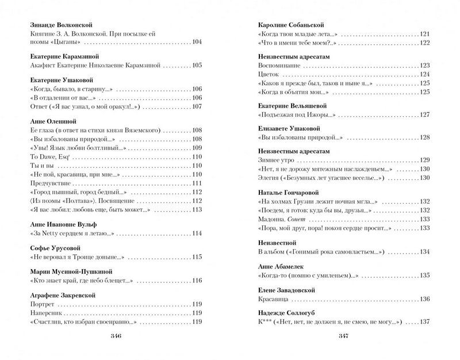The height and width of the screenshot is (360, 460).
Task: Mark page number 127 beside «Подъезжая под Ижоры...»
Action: pos(424,115)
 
